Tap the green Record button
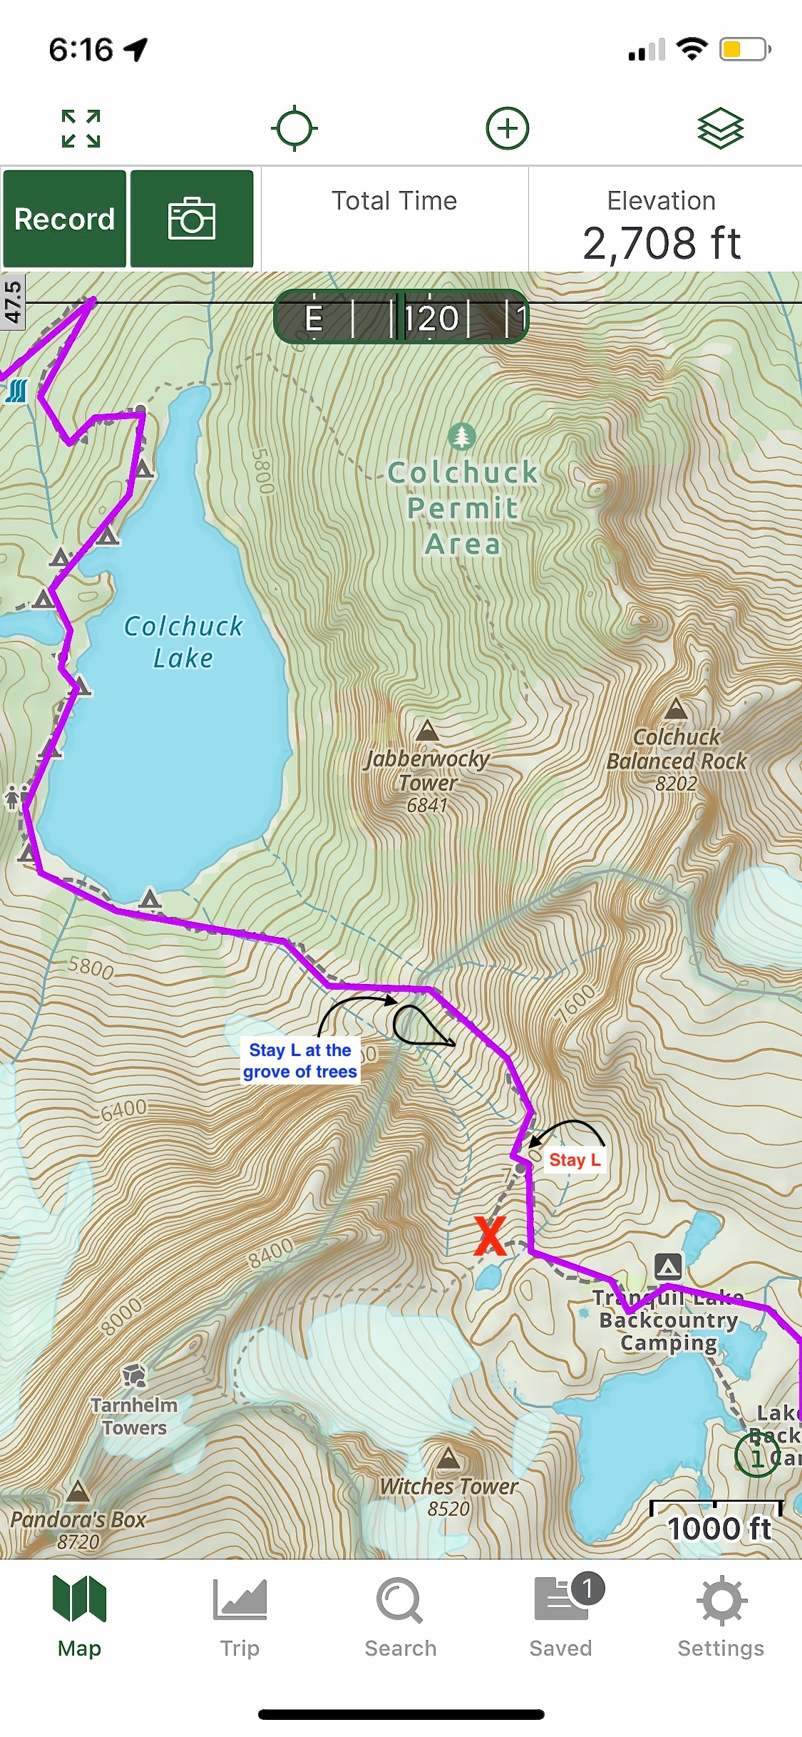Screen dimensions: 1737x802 coord(64,219)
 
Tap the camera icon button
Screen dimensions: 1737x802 coord(191,219)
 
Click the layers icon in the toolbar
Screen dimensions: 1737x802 coord(720,128)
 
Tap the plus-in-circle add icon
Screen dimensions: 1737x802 coord(507,128)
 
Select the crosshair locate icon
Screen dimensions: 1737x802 coord(294,128)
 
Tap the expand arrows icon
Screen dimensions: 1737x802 coord(81,128)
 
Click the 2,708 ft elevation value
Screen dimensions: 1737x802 coord(662,242)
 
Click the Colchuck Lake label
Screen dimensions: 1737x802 coord(183,642)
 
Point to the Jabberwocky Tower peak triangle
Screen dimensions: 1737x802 coord(427,730)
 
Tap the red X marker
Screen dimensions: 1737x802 coord(490,1236)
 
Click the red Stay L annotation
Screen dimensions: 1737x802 coord(575,1160)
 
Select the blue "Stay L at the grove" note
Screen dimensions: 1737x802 coord(300,1061)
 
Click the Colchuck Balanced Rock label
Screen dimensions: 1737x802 coord(677,749)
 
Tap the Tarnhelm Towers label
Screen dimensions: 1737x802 coord(133,1416)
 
